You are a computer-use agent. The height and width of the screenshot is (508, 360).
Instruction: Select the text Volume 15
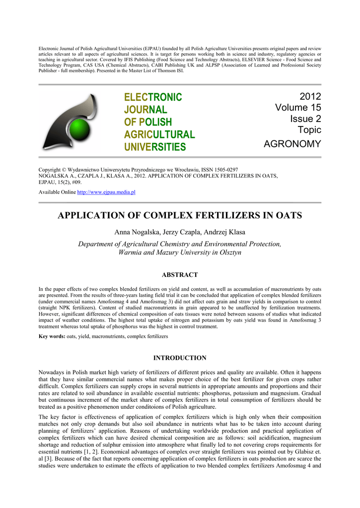[x=298, y=108]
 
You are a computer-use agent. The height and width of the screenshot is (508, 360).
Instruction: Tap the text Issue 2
[x=305, y=119]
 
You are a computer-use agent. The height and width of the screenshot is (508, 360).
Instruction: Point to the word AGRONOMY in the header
[x=292, y=144]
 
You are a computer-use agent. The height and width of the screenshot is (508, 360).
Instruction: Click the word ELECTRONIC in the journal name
[x=153, y=97]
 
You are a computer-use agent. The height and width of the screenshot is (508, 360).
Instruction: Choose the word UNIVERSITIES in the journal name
[x=155, y=147]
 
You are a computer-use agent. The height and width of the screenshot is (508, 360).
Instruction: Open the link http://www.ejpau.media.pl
[x=106, y=191]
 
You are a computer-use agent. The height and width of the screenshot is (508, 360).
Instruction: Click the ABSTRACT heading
[x=180, y=275]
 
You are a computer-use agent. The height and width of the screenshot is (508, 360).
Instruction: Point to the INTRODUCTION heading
[x=180, y=358]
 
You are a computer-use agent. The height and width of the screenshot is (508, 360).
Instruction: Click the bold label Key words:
[x=52, y=336]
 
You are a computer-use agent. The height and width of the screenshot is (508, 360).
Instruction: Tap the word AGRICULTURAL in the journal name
[x=159, y=134]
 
